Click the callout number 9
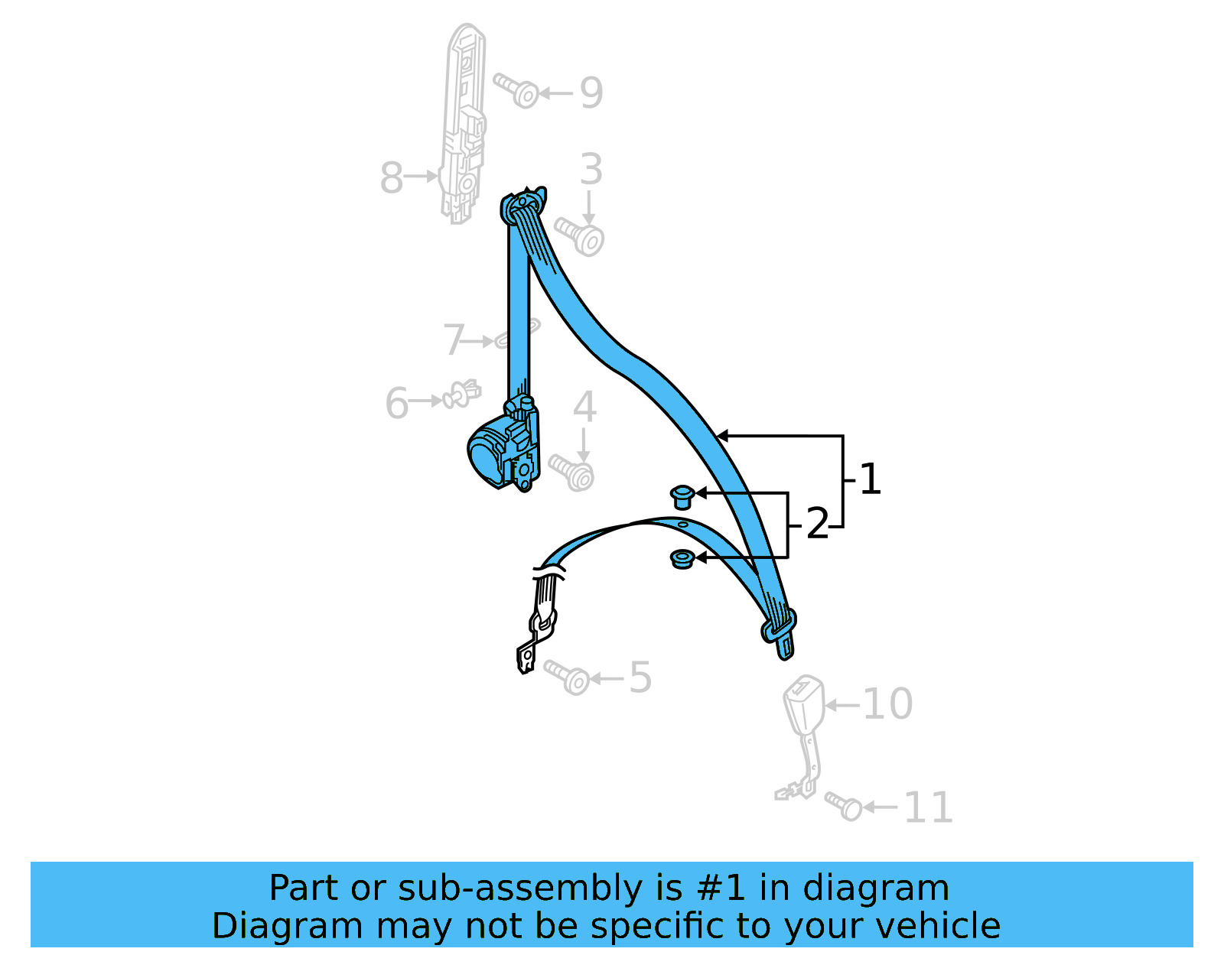pos(591,93)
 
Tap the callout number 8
pos(391,177)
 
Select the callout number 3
pos(591,169)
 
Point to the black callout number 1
pos(870,479)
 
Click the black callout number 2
pos(817,525)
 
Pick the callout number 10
pos(887,703)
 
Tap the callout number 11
pos(928,807)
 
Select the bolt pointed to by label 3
pos(581,236)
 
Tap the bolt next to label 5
pos(568,677)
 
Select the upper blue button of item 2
pos(682,496)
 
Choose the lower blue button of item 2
pos(682,559)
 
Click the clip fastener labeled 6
pos(461,395)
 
